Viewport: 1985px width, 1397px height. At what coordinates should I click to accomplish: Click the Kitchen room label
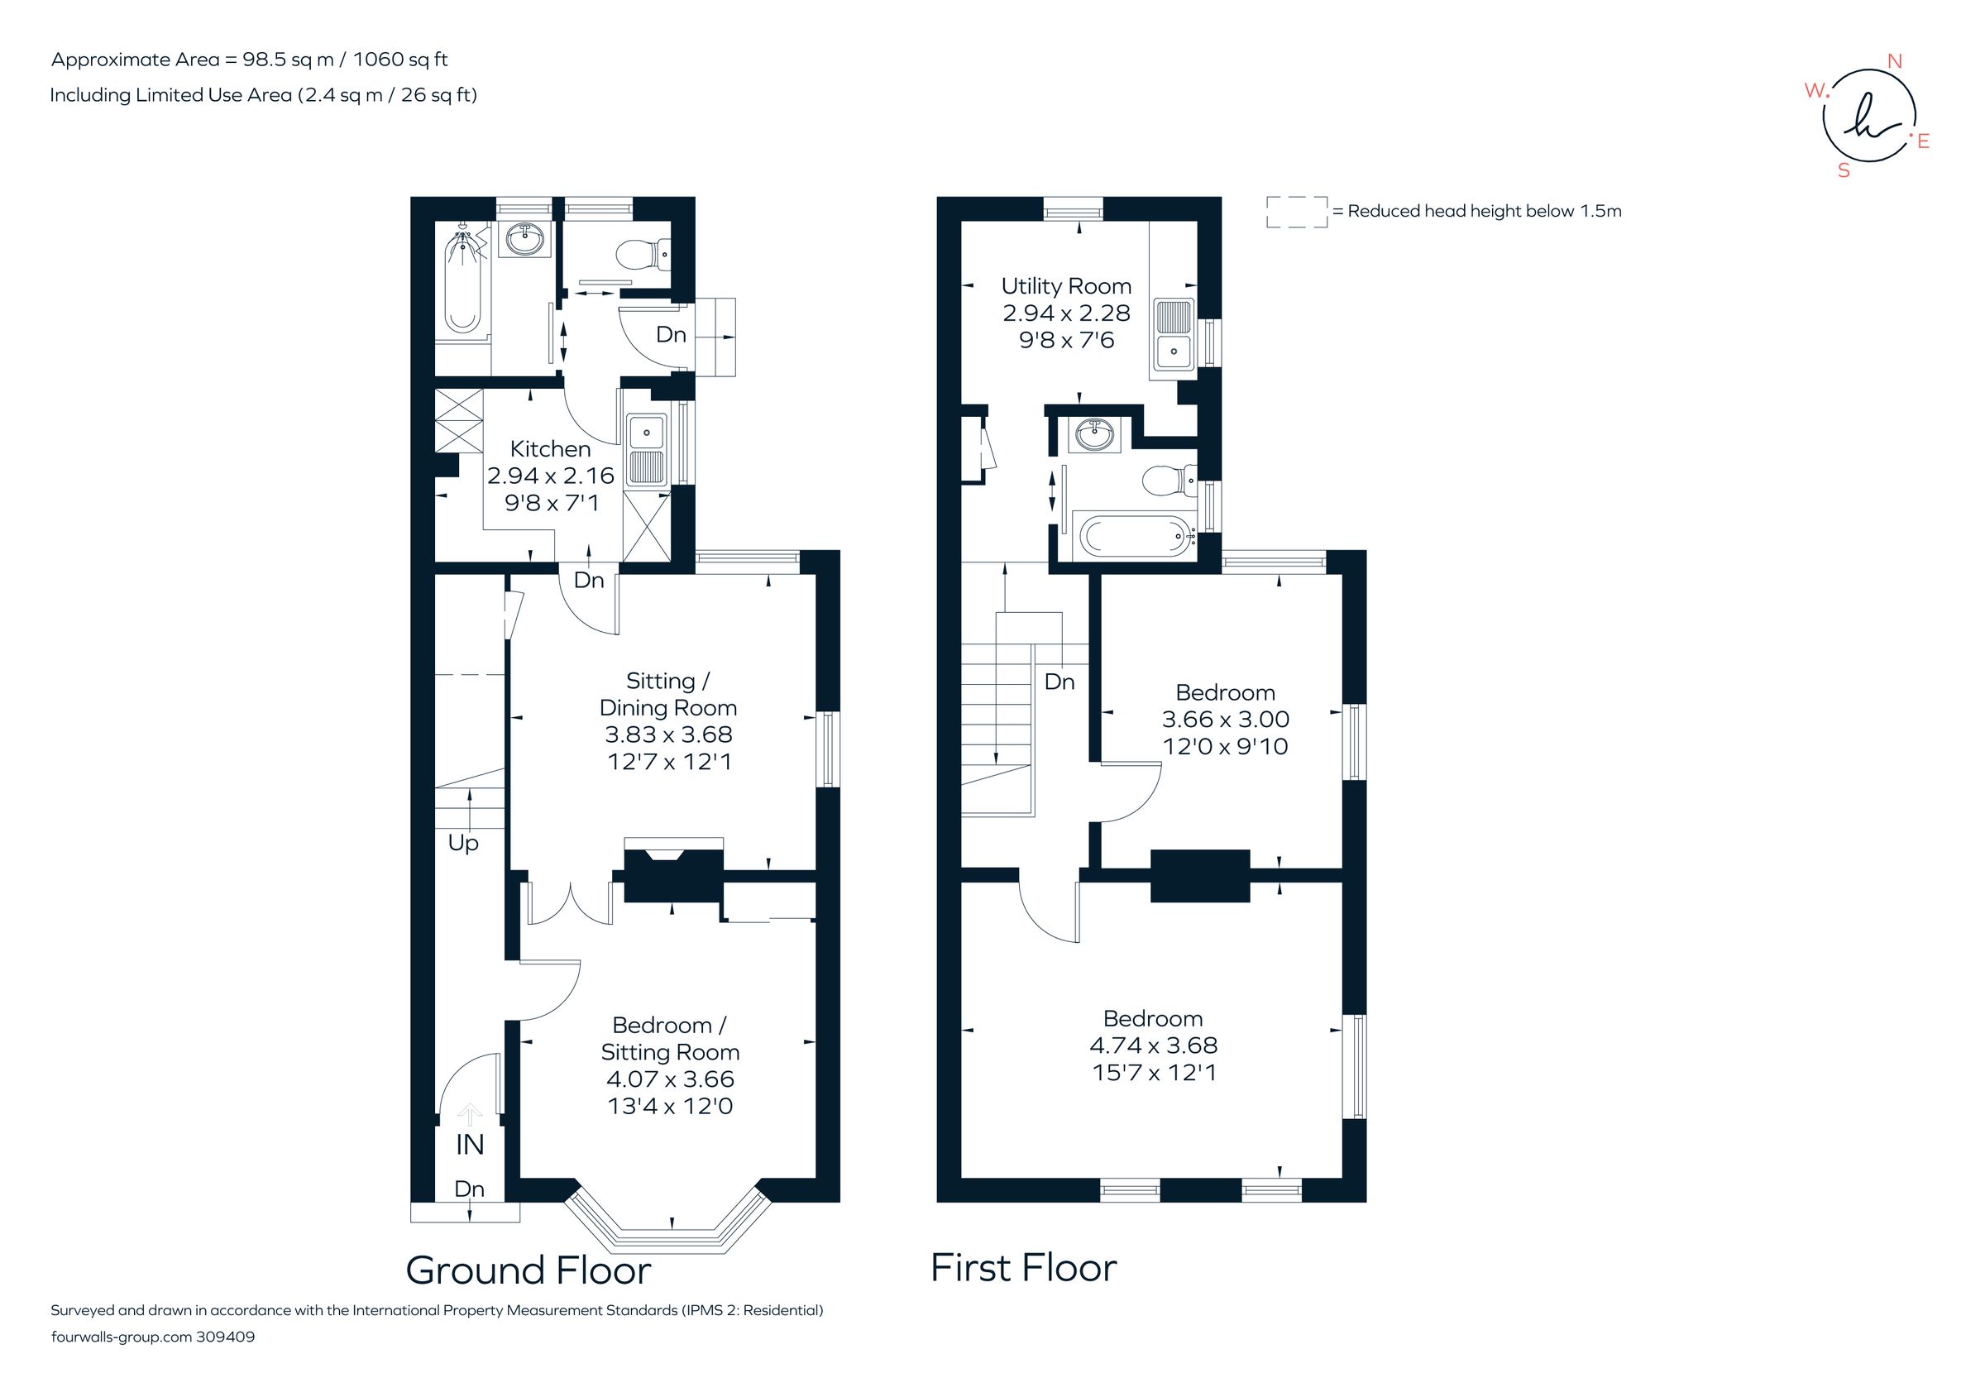tap(550, 449)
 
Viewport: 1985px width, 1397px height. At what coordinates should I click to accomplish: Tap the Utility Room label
tap(1065, 286)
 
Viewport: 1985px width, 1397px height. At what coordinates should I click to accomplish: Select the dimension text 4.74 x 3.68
tap(1152, 1045)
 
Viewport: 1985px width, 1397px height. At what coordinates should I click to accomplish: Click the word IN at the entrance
tap(470, 1145)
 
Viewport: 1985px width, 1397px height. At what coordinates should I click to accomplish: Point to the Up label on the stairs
tap(462, 843)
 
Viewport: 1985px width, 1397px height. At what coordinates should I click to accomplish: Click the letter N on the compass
tap(1894, 61)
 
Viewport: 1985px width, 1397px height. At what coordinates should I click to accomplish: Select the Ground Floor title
tap(528, 1270)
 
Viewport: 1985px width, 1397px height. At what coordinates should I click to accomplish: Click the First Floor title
tap(1023, 1268)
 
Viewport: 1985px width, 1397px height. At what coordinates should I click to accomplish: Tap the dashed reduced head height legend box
tap(1296, 212)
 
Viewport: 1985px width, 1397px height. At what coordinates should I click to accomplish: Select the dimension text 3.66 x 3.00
tap(1225, 720)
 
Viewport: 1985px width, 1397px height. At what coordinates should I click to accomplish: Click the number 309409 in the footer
tap(226, 1337)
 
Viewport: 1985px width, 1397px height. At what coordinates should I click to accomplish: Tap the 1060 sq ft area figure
tap(400, 60)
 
